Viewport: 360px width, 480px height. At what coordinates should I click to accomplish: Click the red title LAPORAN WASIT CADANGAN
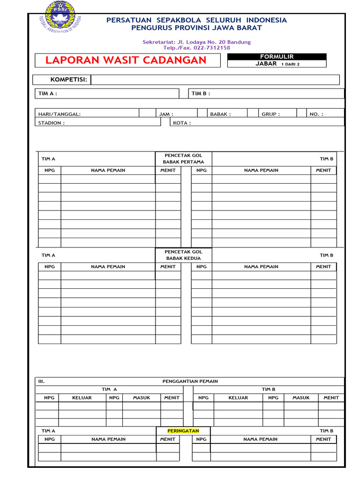126,60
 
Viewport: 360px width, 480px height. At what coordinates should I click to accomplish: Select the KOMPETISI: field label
69,80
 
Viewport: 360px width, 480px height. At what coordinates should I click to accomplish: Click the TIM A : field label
48,93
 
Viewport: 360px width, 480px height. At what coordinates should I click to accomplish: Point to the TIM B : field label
201,93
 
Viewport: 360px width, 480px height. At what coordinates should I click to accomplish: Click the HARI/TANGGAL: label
60,114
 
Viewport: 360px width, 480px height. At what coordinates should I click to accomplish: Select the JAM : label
166,114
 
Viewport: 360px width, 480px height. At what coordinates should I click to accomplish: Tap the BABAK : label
220,114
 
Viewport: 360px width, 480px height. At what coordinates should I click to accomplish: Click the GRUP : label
270,114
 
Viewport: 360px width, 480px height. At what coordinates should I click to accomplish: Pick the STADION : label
52,123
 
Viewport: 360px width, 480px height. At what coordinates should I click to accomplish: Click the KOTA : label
182,123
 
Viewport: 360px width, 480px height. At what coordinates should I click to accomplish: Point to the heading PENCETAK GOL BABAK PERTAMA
183,158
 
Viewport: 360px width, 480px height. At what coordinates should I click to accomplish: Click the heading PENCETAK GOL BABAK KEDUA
183,255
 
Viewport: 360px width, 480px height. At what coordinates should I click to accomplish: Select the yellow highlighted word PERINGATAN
183,431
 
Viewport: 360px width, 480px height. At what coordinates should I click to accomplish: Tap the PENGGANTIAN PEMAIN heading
190,382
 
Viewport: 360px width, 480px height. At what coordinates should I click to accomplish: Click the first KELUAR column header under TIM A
82,397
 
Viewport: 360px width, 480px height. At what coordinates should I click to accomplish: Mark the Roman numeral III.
41,382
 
